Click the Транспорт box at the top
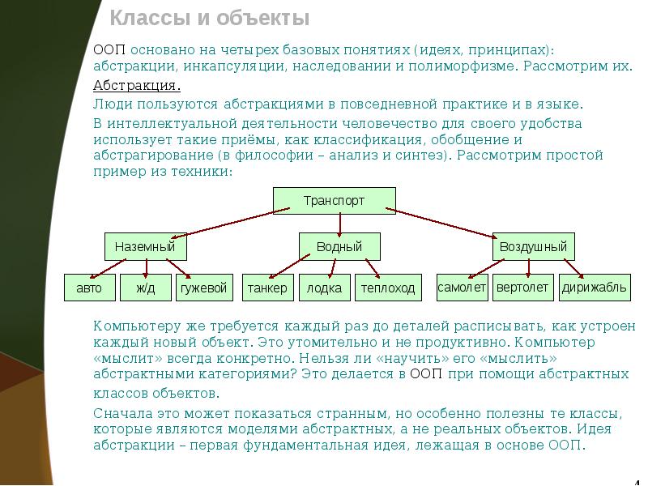pyautogui.click(x=335, y=201)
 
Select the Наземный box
pyautogui.click(x=146, y=247)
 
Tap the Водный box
pyautogui.click(x=339, y=247)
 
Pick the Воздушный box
pyautogui.click(x=534, y=247)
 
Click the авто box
pyautogui.click(x=90, y=288)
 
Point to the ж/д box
pyautogui.click(x=146, y=288)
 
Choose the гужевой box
pyautogui.click(x=204, y=288)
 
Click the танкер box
pyautogui.click(x=268, y=288)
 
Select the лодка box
pyautogui.click(x=325, y=288)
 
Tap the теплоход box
pyautogui.click(x=388, y=288)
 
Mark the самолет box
pyautogui.click(x=462, y=288)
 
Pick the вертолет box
pyautogui.click(x=522, y=288)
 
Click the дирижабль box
pyautogui.click(x=595, y=288)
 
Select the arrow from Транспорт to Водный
pyautogui.click(x=339, y=225)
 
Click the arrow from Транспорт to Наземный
pyautogui.click(x=230, y=224)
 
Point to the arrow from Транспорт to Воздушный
pyautogui.click(x=441, y=223)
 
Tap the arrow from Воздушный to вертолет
pyautogui.click(x=529, y=268)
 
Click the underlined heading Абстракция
pyautogui.click(x=137, y=86)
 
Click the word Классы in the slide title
pyautogui.click(x=157, y=18)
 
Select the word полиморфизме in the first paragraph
pyautogui.click(x=462, y=66)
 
